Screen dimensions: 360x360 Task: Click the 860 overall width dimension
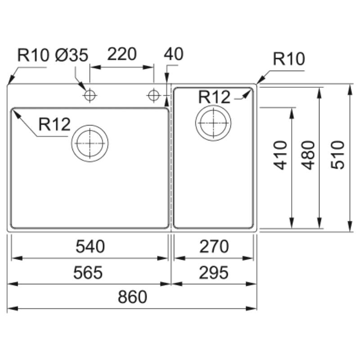pos(132,297)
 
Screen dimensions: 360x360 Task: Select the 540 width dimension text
pos(90,246)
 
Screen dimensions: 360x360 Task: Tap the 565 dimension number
pos(88,273)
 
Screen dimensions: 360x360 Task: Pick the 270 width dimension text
pos(214,246)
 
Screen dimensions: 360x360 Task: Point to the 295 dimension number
pos(213,273)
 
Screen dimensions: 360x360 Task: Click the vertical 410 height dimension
pos(280,155)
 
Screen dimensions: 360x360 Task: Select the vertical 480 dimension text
pos(308,155)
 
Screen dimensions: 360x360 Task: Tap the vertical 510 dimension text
pos(338,155)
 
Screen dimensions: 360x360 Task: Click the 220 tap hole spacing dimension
pos(122,54)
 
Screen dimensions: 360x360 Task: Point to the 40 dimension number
pos(174,54)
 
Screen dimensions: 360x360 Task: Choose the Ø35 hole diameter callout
pos(72,55)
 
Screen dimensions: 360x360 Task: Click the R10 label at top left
pos(33,55)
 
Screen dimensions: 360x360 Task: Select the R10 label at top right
pos(289,59)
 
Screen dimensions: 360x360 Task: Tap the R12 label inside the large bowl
pos(54,124)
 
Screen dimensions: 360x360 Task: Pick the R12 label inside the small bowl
pos(214,97)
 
